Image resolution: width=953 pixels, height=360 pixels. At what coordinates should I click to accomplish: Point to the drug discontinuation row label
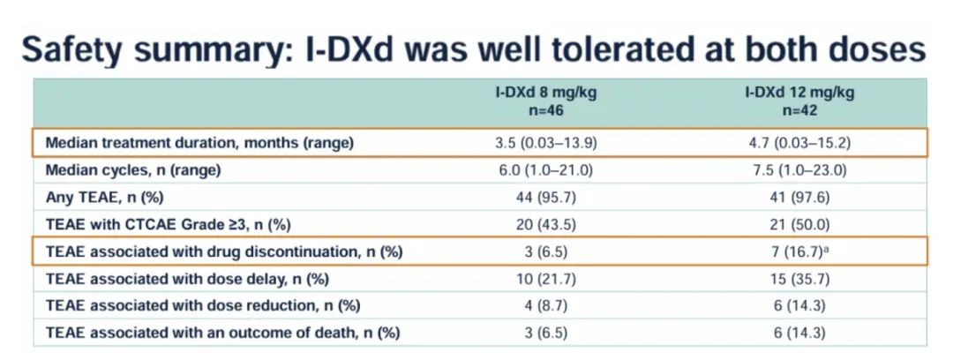(223, 252)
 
